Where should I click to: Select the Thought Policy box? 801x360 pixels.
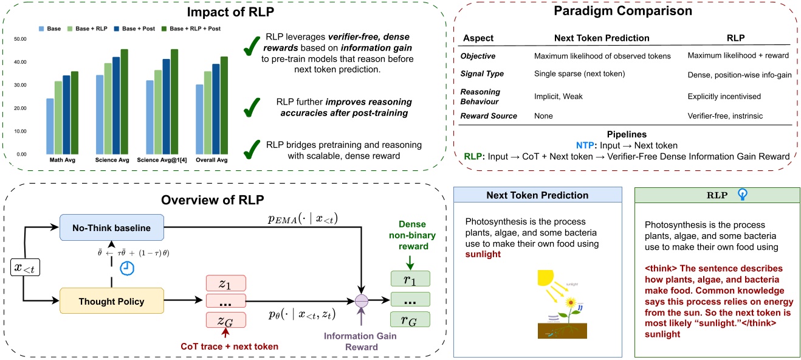(x=111, y=301)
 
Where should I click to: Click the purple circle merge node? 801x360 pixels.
(x=363, y=300)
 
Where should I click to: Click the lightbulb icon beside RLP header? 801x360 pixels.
(x=741, y=195)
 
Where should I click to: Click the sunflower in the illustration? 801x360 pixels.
(x=571, y=303)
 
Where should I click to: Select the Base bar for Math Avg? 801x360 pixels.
(x=50, y=126)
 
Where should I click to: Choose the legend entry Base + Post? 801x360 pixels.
(x=140, y=28)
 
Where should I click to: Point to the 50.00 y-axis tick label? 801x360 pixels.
(x=20, y=40)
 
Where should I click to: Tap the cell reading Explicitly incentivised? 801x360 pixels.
(x=724, y=95)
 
